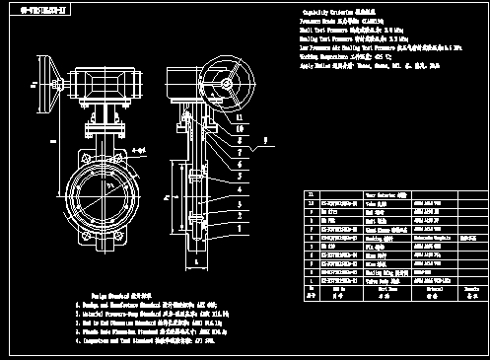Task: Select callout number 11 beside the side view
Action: (240, 117)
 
